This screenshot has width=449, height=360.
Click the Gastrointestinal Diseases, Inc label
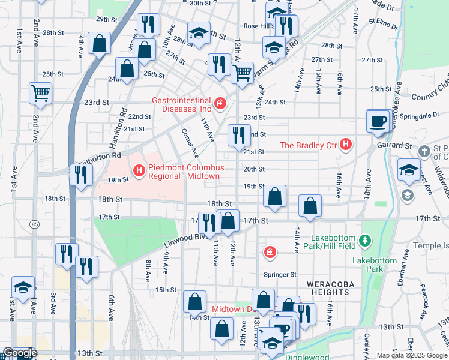tap(181, 104)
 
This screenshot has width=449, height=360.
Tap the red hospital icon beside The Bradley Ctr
tap(345, 145)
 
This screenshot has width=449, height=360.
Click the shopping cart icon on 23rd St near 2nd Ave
tap(41, 93)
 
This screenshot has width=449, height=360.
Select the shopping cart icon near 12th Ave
tap(242, 73)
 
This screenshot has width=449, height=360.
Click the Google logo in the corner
tap(19, 353)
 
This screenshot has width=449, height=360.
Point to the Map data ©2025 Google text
tap(412, 355)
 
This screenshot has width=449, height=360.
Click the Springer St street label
tap(281, 274)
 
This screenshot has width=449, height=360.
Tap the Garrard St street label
tap(394, 145)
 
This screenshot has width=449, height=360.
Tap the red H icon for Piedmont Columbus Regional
tap(140, 172)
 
